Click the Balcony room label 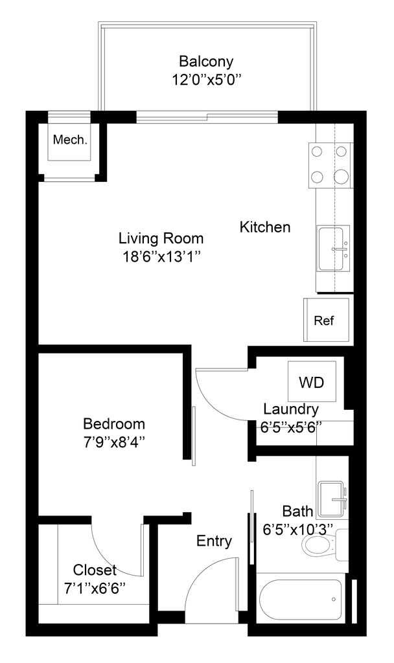point(206,62)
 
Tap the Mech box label point(71,139)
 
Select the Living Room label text point(163,238)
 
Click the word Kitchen point(265,228)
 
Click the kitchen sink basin point(334,249)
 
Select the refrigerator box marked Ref point(329,319)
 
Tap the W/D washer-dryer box point(310,381)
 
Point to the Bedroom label point(115,425)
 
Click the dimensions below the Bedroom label point(115,444)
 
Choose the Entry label point(214,541)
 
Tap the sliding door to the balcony point(207,118)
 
